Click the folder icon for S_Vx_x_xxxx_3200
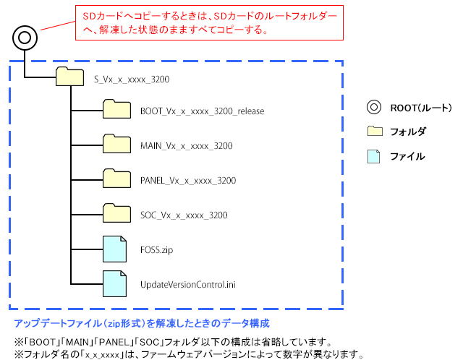coord(69,77)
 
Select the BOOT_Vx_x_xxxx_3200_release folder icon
coord(116,110)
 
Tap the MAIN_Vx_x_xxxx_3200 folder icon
coord(116,144)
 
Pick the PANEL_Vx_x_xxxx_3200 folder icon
coord(116,179)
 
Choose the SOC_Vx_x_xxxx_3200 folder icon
coord(116,213)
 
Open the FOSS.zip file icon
coord(114,249)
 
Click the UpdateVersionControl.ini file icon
coord(114,283)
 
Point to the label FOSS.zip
coord(157,250)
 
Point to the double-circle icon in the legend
coord(374,108)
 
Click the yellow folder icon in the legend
coord(374,132)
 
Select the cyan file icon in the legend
coord(374,156)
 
